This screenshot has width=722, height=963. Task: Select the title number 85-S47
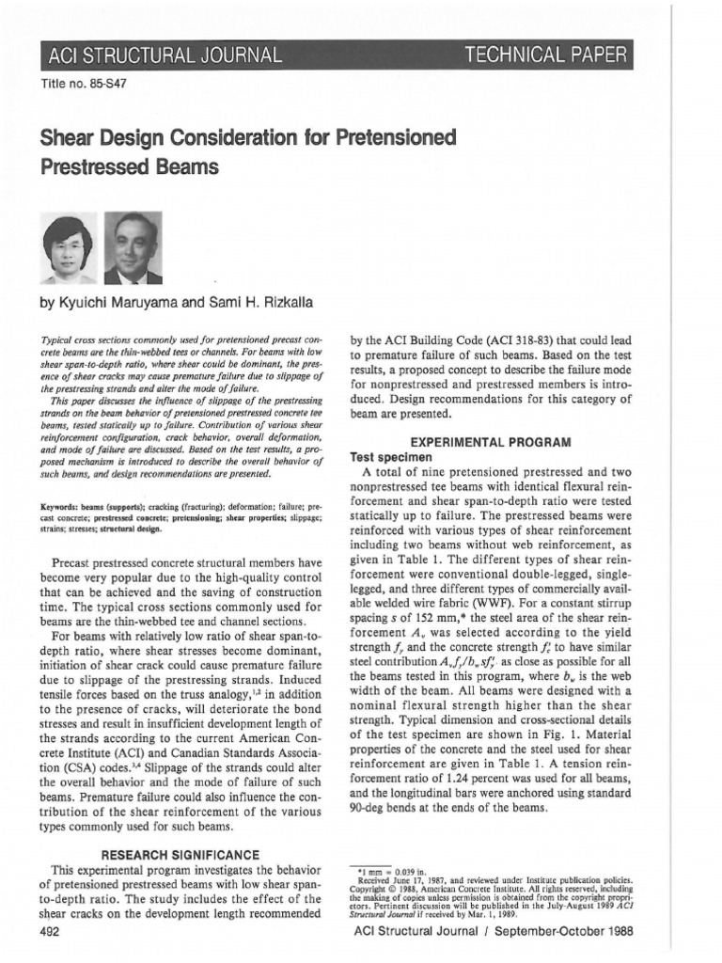coord(85,84)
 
